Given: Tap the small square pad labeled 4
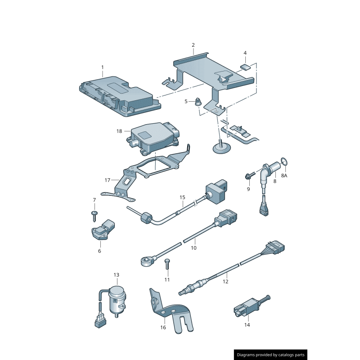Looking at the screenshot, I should (x=245, y=67).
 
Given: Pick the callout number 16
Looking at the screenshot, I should (x=163, y=328).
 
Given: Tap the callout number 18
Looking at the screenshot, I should (x=119, y=131).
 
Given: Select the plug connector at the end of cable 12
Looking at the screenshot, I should (x=275, y=247).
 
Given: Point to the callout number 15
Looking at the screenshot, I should (x=182, y=197).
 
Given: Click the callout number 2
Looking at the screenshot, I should (x=193, y=45).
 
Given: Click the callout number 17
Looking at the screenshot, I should (x=108, y=180).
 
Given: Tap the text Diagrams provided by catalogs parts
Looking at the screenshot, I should (x=271, y=355).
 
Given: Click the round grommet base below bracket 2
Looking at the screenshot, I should (x=221, y=148).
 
